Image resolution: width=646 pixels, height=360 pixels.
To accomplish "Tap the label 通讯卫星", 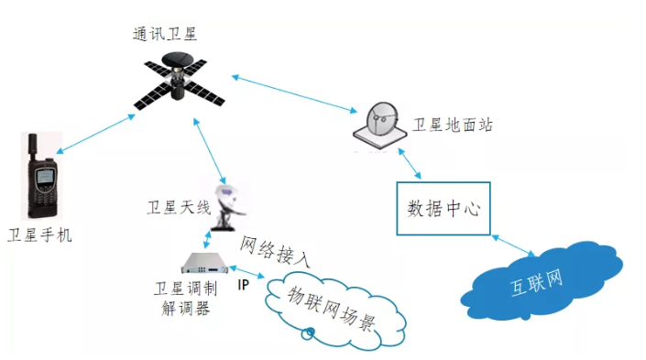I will (164, 35).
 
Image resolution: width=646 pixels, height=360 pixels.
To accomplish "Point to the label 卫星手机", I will (40, 235).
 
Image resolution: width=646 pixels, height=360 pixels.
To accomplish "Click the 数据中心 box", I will (443, 208).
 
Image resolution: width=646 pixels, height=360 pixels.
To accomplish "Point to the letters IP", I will (243, 285).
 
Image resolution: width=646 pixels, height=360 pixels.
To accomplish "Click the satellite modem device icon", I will (203, 263).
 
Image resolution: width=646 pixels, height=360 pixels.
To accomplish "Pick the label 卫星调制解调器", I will (183, 299).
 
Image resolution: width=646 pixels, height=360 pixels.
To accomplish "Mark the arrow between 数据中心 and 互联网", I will (512, 245).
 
